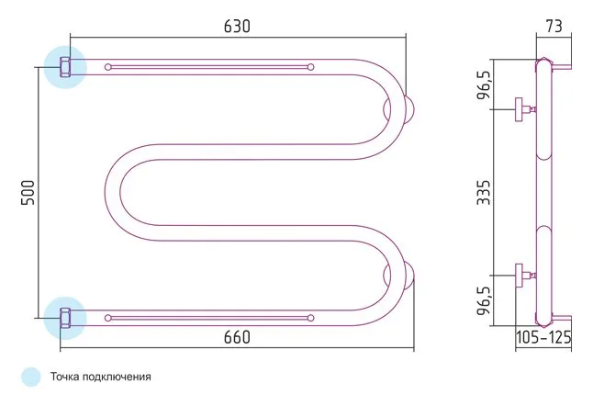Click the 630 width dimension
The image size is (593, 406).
pos(237,27)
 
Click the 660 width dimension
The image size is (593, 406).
pos(237,337)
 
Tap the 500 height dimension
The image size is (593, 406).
pos(28,193)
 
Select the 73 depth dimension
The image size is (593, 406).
pos(554,26)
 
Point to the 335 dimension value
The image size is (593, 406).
pos(484,192)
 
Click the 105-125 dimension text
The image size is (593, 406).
pos(543,337)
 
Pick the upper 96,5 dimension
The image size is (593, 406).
pos(484,85)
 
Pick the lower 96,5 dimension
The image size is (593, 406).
pos(484,300)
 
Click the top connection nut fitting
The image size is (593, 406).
pos(65,67)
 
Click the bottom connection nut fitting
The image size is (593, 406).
pos(65,318)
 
